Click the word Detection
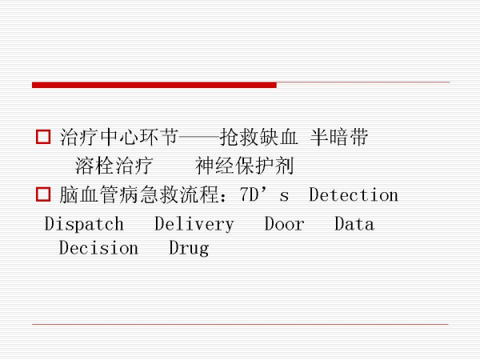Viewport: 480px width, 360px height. pyautogui.click(x=353, y=195)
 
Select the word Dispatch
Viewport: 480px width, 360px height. pyautogui.click(x=84, y=224)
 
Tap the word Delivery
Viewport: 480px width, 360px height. pyautogui.click(x=194, y=224)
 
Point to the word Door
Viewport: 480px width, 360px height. pyautogui.click(x=285, y=224)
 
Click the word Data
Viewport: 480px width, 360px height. pyautogui.click(x=354, y=224)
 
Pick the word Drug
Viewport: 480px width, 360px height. pyautogui.click(x=189, y=248)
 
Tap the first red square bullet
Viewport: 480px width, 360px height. pyautogui.click(x=43, y=138)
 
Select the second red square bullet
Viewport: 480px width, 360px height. pyautogui.click(x=43, y=195)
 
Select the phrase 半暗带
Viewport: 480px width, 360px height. pyautogui.click(x=339, y=138)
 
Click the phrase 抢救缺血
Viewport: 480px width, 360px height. pyautogui.click(x=258, y=138)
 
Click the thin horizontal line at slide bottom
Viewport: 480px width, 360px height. pyautogui.click(x=240, y=324)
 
